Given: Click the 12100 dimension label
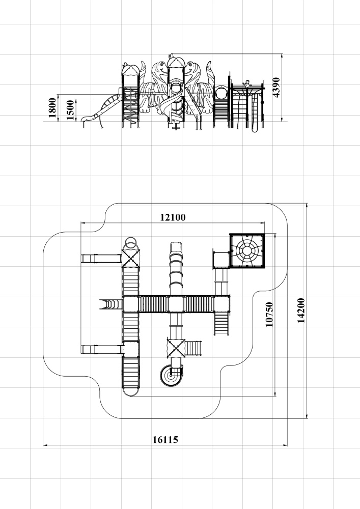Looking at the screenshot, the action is click(173, 217).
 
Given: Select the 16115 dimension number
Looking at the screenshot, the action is click(165, 440).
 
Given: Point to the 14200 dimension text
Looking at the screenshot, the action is click(301, 310).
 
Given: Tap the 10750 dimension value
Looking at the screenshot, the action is click(269, 314).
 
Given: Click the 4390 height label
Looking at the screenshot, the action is click(276, 88).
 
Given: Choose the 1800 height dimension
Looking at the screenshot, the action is click(52, 108).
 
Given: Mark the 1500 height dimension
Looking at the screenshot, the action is click(70, 110).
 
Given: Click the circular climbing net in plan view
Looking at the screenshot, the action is click(247, 250).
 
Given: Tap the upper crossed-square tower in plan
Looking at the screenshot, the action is click(130, 259).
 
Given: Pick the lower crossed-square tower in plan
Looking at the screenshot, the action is click(176, 348).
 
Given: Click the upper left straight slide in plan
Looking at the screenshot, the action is click(102, 259).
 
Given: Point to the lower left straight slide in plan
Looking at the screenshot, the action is click(102, 350).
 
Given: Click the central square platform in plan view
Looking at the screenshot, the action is click(176, 304).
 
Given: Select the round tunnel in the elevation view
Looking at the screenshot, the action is click(221, 92).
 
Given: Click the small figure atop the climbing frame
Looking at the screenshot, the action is click(248, 83).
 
